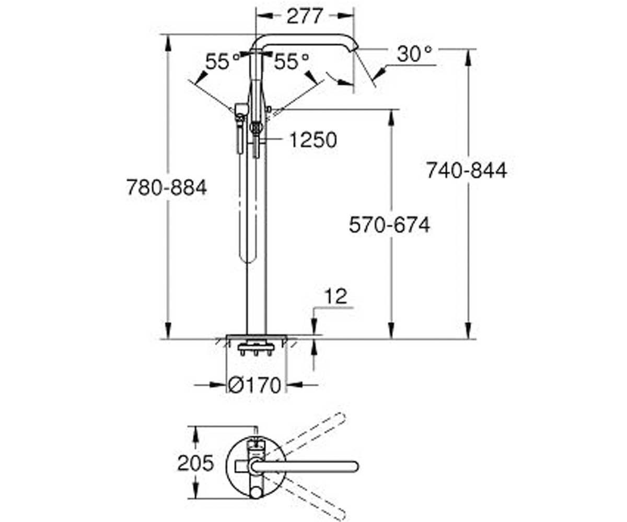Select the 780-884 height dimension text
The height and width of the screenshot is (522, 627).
point(166,187)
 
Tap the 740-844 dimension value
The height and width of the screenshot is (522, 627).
point(467,170)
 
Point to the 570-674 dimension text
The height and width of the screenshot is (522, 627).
point(389,225)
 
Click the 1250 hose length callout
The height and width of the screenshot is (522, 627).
point(313,140)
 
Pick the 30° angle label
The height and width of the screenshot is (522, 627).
point(415,54)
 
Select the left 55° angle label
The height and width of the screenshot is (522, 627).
point(223,62)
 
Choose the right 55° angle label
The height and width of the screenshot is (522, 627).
point(291,62)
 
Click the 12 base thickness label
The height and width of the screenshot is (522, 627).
point(336,296)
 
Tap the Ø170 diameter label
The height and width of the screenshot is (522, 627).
point(254,385)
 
